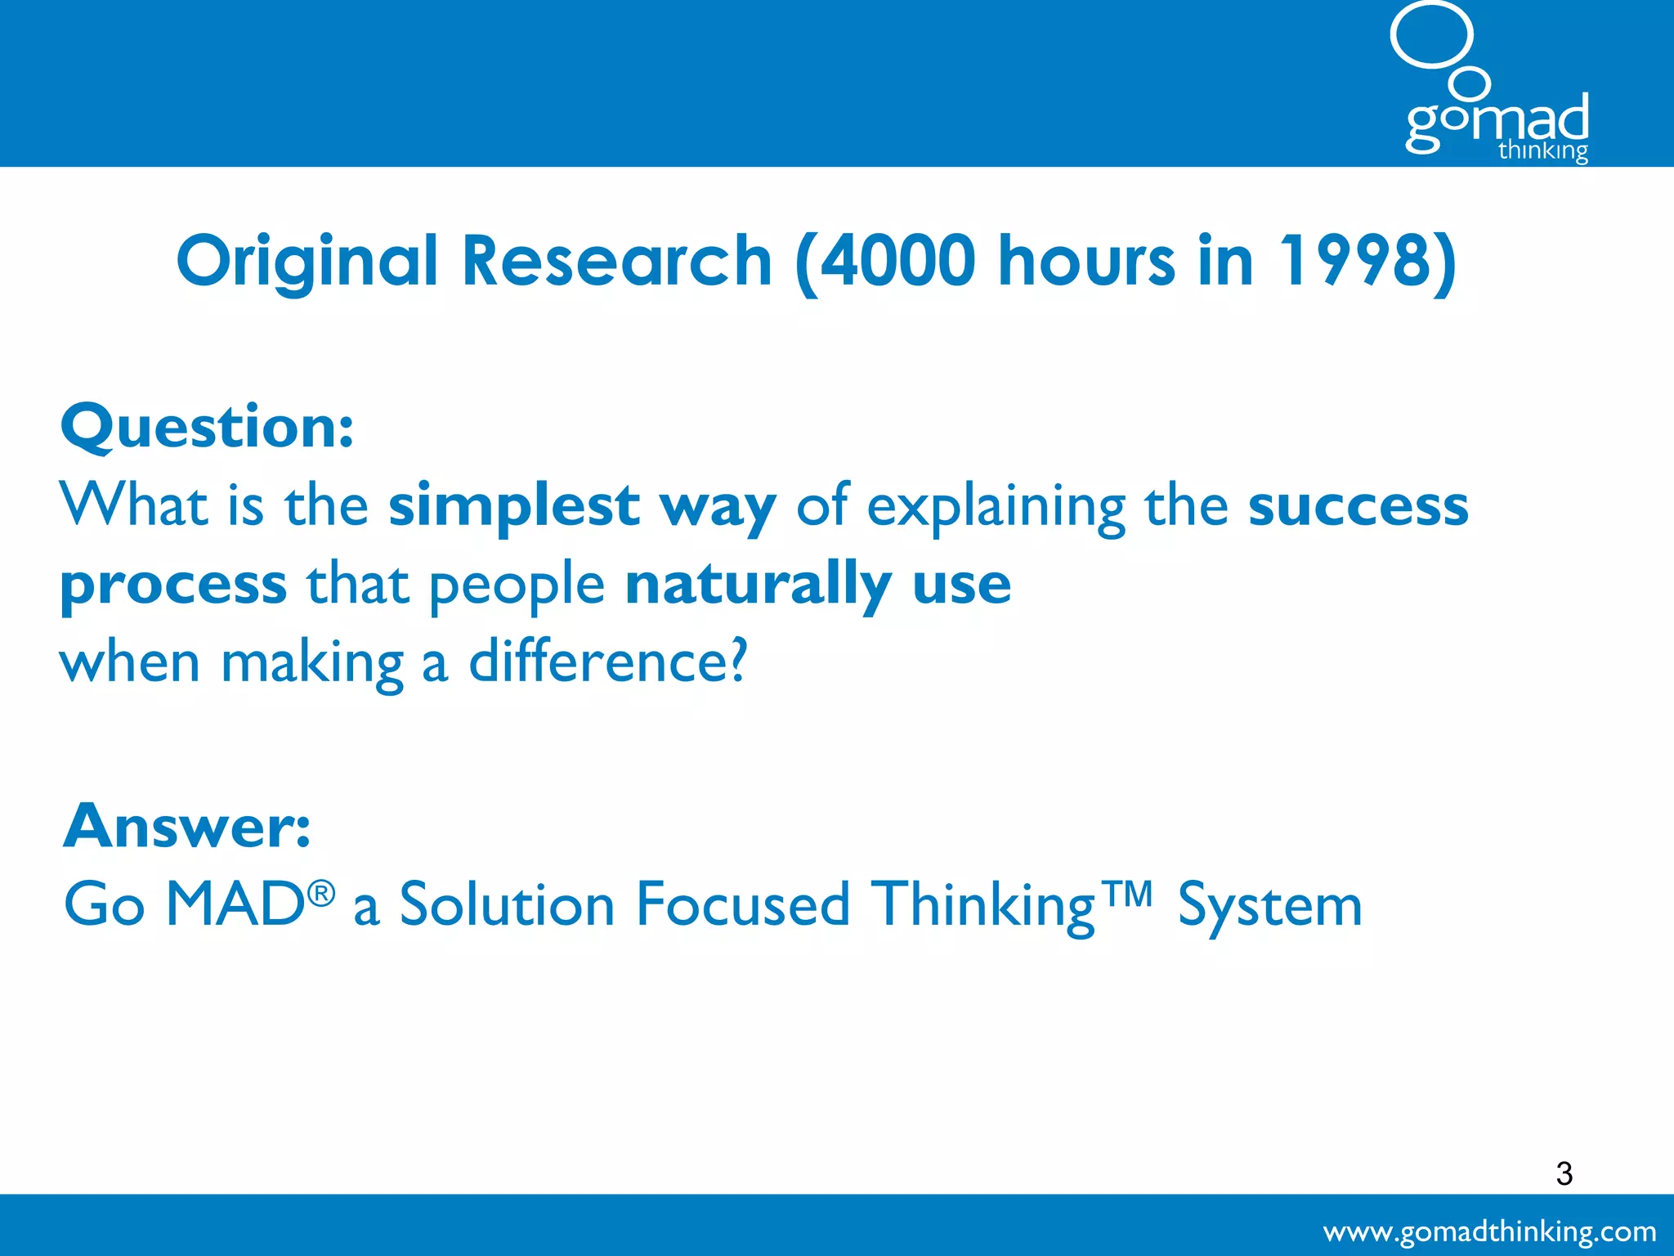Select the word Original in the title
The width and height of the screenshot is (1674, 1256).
pyautogui.click(x=308, y=261)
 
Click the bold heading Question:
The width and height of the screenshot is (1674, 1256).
pyautogui.click(x=208, y=427)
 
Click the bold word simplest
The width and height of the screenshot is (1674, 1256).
pyautogui.click(x=513, y=507)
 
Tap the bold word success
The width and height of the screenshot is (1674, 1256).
pyautogui.click(x=1358, y=507)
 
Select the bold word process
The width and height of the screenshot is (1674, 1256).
pyautogui.click(x=173, y=585)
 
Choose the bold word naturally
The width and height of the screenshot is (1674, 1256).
pyautogui.click(x=758, y=585)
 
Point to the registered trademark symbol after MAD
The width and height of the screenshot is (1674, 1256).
pyautogui.click(x=321, y=894)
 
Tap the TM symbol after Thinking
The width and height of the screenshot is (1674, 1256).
pyautogui.click(x=1126, y=894)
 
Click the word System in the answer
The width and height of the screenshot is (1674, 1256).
pyautogui.click(x=1269, y=906)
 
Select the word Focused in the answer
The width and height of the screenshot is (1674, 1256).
pyautogui.click(x=743, y=904)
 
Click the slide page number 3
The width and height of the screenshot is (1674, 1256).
pyautogui.click(x=1564, y=1173)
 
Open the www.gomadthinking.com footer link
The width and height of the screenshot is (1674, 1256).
pyautogui.click(x=1489, y=1231)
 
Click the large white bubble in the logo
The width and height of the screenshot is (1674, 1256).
pyautogui.click(x=1431, y=34)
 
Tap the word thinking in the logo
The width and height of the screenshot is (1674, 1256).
pyautogui.click(x=1542, y=151)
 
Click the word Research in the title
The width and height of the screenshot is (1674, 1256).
pyautogui.click(x=617, y=261)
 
